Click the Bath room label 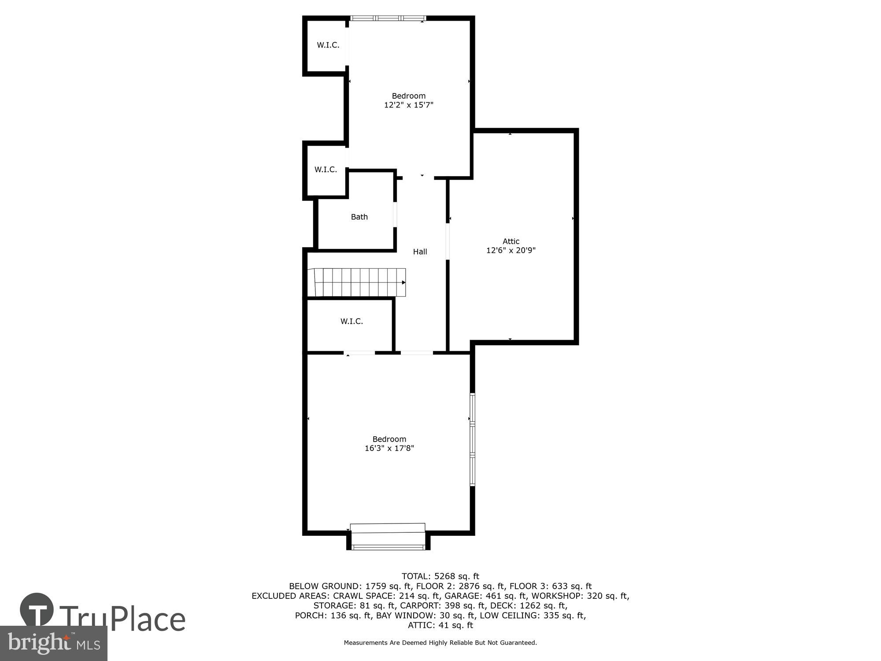(359, 217)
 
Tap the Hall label (420, 252)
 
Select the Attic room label (511, 241)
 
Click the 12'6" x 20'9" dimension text (511, 250)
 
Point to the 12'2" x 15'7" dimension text (409, 105)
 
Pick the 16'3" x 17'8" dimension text (389, 448)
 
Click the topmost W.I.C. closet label (328, 45)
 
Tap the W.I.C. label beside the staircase (352, 321)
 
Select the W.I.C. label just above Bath (326, 170)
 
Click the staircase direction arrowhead (403, 282)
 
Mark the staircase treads (359, 282)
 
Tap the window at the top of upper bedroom (388, 19)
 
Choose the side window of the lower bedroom (472, 439)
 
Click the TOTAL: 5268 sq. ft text (440, 576)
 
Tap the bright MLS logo (54, 643)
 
